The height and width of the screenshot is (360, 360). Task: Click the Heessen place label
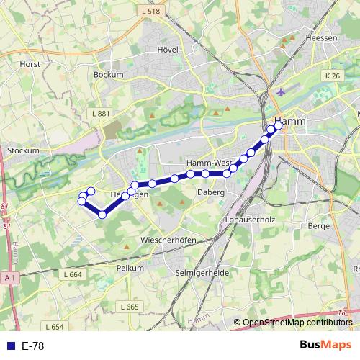pyautogui.click(x=321, y=37)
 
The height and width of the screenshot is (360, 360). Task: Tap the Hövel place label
pyautogui.click(x=167, y=50)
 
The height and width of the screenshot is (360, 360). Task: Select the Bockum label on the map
pyautogui.click(x=109, y=74)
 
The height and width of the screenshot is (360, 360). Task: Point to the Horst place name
pyautogui.click(x=30, y=64)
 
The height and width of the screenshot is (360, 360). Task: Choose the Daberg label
pyautogui.click(x=210, y=193)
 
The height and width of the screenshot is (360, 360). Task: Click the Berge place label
pyautogui.click(x=318, y=226)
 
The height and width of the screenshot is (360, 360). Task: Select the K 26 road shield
pyautogui.click(x=332, y=76)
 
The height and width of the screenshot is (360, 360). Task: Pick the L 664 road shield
pyautogui.click(x=73, y=275)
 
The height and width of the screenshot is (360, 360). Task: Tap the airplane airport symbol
pyautogui.click(x=280, y=93)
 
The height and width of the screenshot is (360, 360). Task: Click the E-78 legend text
pyautogui.click(x=33, y=346)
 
